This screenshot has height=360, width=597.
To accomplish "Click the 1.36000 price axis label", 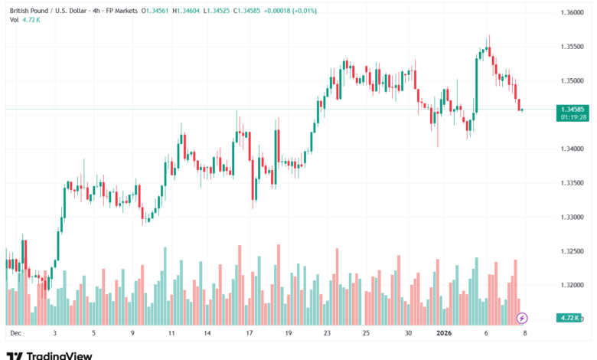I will [x=568, y=12].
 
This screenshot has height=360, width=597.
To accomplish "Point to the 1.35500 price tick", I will [x=568, y=47].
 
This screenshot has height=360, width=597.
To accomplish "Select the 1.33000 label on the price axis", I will [x=568, y=218].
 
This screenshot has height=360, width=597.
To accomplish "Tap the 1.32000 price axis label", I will [x=568, y=286].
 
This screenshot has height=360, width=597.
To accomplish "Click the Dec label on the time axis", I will [x=15, y=334].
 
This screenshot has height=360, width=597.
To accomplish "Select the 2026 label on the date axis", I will [x=445, y=334].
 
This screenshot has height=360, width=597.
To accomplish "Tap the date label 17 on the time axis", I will [x=250, y=334].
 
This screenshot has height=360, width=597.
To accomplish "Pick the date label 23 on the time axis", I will [x=328, y=334].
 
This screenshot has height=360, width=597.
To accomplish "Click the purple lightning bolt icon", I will [x=522, y=317].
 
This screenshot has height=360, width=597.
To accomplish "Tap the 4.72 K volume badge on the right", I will [x=568, y=317].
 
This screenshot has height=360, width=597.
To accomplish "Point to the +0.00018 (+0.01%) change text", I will [x=306, y=10].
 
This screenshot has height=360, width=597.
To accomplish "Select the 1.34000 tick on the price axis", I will [x=568, y=149].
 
